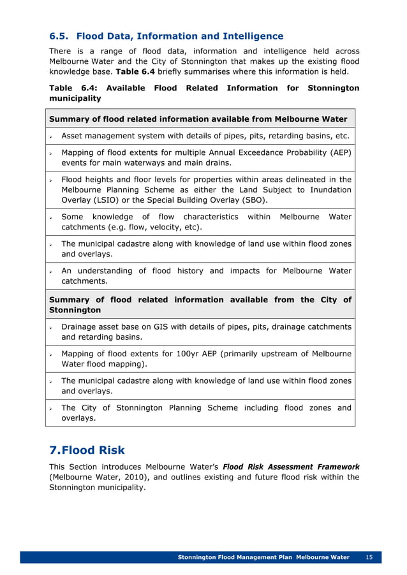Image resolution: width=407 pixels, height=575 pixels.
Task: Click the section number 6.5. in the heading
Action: [x=61, y=36]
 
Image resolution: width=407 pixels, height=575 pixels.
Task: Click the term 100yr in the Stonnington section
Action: [x=174, y=354]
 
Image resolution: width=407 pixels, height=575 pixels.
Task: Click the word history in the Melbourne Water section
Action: [x=193, y=271]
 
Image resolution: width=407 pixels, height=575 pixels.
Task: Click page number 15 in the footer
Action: [x=369, y=557]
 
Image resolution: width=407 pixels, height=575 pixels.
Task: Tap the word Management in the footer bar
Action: [x=255, y=557]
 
